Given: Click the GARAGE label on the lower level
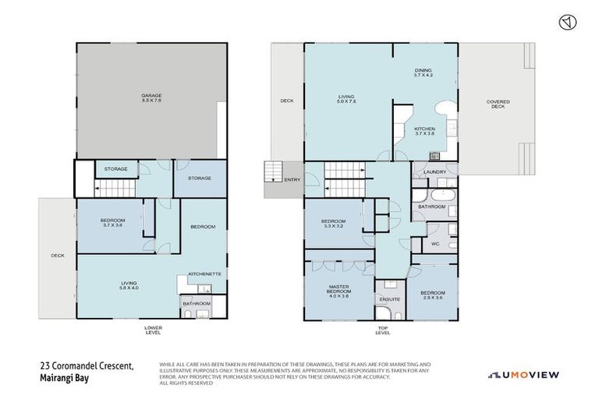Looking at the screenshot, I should tap(152, 97).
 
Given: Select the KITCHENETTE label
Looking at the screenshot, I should tap(205, 274).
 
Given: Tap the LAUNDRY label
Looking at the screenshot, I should tap(434, 172).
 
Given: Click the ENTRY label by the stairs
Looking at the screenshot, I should tap(292, 180).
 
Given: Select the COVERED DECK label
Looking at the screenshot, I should tap(498, 104).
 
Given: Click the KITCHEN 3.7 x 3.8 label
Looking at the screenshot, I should tap(424, 131).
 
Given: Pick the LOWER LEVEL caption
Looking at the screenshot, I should tap(153, 330).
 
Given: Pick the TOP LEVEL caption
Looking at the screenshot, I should tap(382, 330).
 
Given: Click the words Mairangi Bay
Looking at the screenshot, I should tap(66, 380).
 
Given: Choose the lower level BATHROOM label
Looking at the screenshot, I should tap(197, 303).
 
